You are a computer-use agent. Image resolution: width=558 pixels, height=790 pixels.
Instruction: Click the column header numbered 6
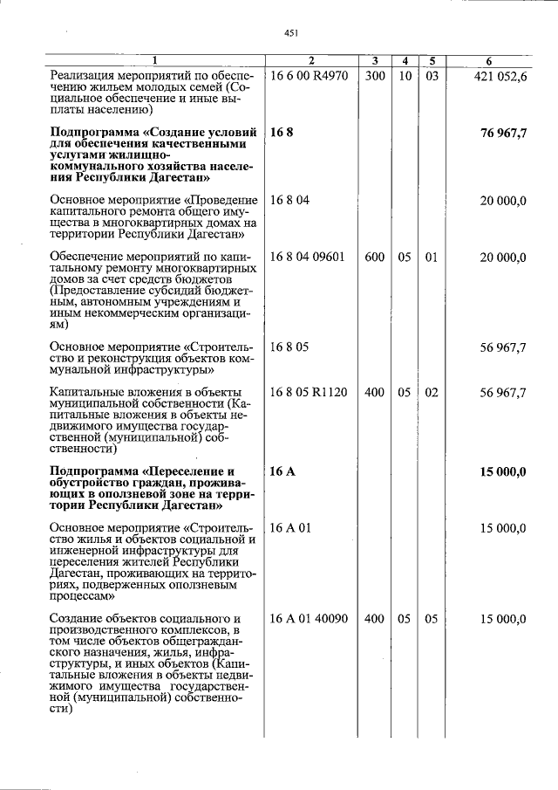click(488, 61)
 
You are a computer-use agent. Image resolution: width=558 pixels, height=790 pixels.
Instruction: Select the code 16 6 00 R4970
click(310, 76)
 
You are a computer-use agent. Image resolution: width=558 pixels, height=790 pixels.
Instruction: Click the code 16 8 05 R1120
click(310, 393)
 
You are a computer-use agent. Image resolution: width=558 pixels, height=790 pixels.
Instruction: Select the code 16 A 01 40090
click(310, 619)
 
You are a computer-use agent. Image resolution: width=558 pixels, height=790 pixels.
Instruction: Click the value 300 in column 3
click(375, 76)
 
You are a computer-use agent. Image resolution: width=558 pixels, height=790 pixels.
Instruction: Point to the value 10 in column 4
click(405, 76)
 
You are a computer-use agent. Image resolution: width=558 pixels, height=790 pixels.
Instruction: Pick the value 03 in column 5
click(431, 76)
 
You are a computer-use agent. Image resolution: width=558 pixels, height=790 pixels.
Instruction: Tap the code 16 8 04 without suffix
click(290, 201)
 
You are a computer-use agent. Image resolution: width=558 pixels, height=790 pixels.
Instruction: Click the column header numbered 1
click(155, 61)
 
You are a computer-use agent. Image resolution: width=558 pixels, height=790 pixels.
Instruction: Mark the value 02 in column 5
click(431, 393)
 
